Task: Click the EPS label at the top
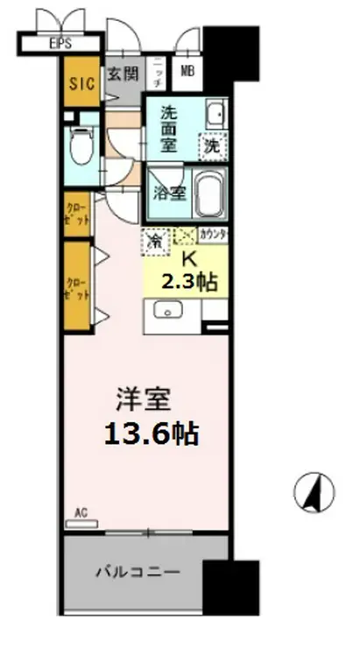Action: coord(60,41)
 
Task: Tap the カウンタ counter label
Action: coord(214,235)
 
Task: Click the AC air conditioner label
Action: coord(81,511)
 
